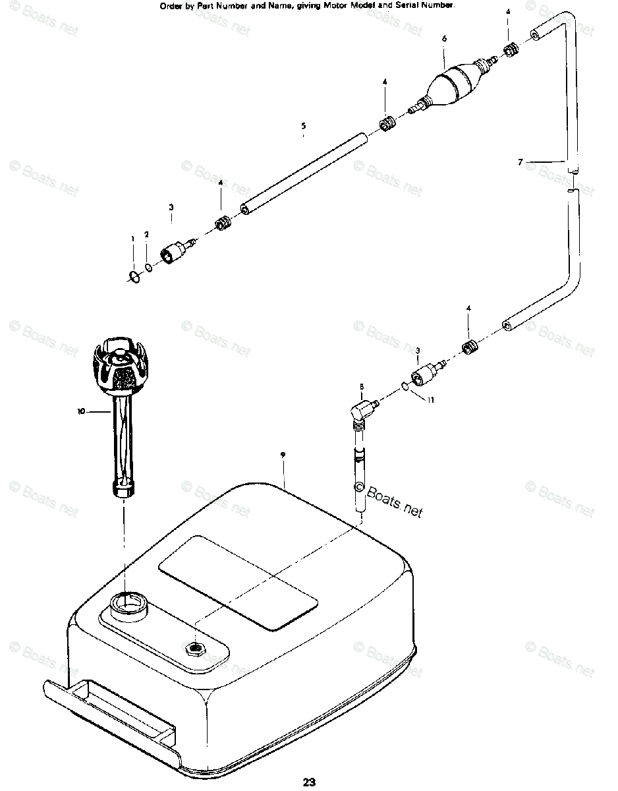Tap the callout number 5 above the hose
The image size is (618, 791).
click(303, 125)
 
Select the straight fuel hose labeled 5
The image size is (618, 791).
click(303, 172)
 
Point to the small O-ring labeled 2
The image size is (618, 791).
click(150, 268)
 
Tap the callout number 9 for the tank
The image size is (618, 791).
click(282, 455)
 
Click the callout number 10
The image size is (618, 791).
click(81, 411)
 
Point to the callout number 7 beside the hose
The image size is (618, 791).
click(520, 161)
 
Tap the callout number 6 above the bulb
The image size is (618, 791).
click(444, 39)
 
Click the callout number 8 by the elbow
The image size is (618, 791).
click(362, 386)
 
